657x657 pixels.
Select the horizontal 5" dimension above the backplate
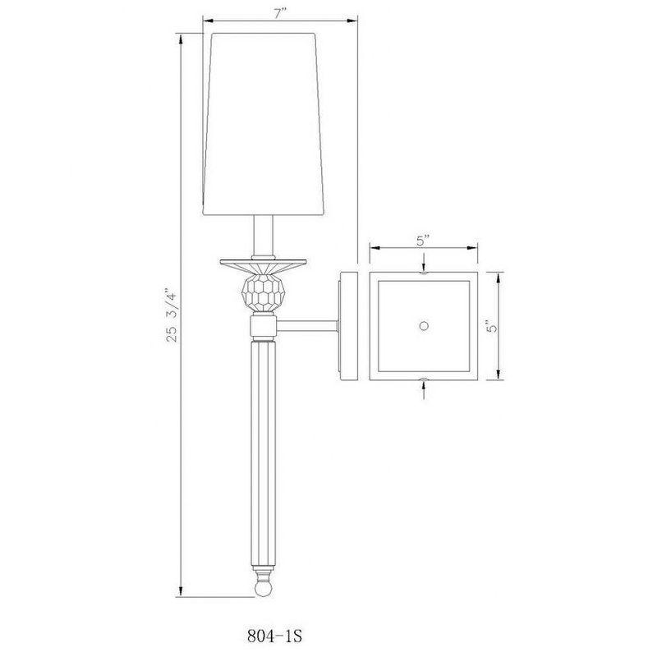click(x=423, y=241)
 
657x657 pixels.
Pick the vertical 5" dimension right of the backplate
click(x=490, y=326)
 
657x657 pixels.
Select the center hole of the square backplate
click(x=424, y=326)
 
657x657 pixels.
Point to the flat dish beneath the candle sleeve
click(x=262, y=264)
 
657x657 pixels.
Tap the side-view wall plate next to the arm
click(x=347, y=326)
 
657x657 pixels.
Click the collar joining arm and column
click(x=262, y=328)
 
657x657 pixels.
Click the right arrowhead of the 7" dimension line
click(x=357, y=21)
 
